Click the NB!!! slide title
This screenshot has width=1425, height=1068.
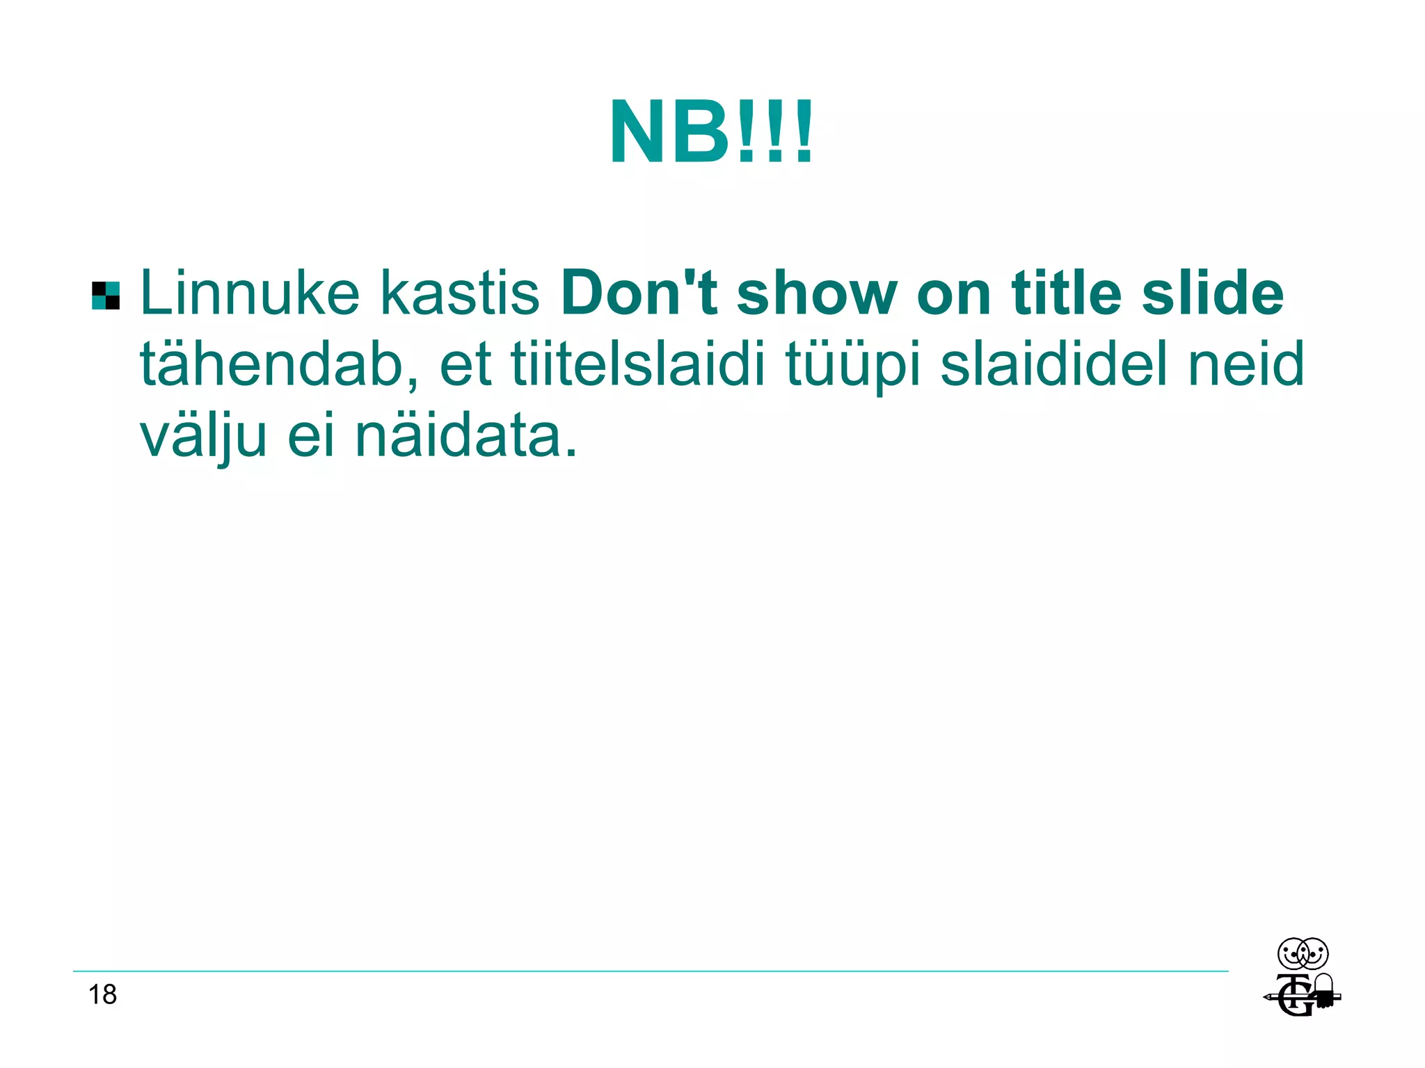click(711, 132)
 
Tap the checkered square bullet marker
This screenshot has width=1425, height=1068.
click(106, 296)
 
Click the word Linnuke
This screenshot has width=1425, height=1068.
click(250, 293)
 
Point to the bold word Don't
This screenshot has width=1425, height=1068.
click(639, 293)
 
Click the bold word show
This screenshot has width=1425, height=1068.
click(816, 293)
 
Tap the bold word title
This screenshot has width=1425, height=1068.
click(1066, 293)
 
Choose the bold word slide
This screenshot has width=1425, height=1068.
click(1212, 293)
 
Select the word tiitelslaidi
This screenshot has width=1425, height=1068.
click(638, 365)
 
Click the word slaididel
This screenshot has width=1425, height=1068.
click(1053, 365)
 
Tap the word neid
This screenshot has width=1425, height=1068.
click(1245, 365)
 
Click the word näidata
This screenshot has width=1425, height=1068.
click(465, 437)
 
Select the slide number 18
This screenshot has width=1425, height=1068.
click(102, 995)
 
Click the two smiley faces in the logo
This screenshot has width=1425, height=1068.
click(1303, 954)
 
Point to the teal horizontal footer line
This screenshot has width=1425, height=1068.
click(651, 971)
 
